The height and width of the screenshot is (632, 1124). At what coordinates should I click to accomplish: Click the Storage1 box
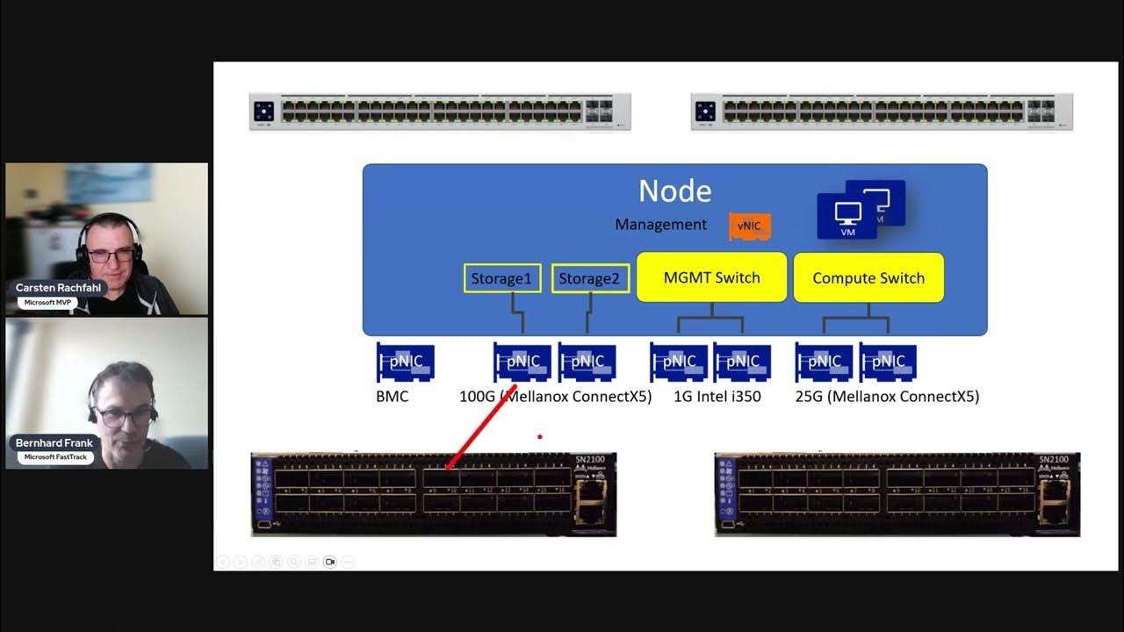[x=501, y=278]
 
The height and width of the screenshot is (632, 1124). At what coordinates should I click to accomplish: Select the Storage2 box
[x=590, y=278]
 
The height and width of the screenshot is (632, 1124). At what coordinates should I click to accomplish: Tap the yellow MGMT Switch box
[x=711, y=277]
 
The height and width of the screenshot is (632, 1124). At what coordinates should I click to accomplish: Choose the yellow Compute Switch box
[x=868, y=278]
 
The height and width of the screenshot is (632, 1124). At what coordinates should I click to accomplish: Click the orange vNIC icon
[x=749, y=226]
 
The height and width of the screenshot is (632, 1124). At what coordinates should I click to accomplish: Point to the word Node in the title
[x=674, y=190]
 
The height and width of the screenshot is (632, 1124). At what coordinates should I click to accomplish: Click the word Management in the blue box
[x=660, y=225]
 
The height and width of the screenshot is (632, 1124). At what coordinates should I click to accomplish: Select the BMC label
[x=392, y=397]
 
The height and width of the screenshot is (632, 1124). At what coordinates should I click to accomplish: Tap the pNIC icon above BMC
[x=405, y=362]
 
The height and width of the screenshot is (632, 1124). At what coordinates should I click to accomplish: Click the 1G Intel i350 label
[x=717, y=397]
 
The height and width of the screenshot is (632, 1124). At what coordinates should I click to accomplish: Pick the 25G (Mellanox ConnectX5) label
[x=887, y=397]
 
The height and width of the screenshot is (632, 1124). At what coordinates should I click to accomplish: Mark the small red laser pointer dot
[x=540, y=436]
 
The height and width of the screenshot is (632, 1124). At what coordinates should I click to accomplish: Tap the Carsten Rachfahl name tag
[x=59, y=288]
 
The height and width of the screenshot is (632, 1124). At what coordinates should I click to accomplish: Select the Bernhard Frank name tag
[x=54, y=443]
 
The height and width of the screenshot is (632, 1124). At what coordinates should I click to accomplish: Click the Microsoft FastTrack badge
[x=54, y=456]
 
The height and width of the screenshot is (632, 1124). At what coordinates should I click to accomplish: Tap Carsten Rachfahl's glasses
[x=111, y=255]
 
